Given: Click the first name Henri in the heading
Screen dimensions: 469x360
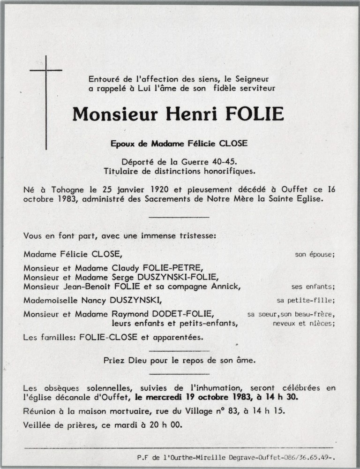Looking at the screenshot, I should (192, 114).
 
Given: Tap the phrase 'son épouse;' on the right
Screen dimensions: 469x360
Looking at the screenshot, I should (315, 255).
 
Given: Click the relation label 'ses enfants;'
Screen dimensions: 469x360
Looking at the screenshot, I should (313, 287).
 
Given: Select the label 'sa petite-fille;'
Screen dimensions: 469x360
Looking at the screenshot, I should (306, 300).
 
